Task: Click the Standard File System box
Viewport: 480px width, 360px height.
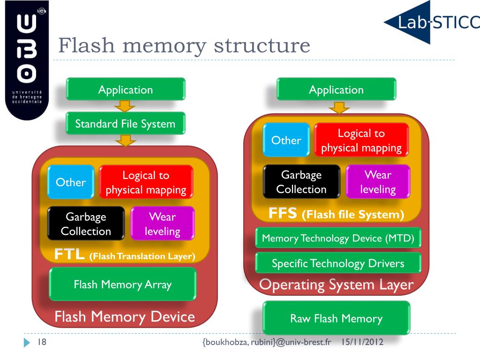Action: coord(125,124)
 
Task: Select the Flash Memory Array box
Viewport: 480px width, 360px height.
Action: coord(123,284)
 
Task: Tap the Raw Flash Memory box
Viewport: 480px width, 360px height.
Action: coord(336,319)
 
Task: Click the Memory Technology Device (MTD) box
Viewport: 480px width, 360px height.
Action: coord(338,238)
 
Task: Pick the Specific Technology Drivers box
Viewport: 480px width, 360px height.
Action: coord(338,263)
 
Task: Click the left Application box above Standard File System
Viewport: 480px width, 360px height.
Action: coord(125,90)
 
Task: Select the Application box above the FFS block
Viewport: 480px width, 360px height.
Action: coord(336,90)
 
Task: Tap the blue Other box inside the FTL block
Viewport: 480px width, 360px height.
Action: coord(71,182)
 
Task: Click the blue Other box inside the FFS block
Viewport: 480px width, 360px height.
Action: coord(286,140)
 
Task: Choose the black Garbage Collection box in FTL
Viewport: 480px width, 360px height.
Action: coord(86,224)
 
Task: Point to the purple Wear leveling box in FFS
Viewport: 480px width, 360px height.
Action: coord(378,182)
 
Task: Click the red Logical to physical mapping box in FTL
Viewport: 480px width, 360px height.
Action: coord(146,182)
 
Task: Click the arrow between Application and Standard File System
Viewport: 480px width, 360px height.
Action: coord(125,106)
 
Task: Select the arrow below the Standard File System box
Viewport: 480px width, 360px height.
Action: coord(125,140)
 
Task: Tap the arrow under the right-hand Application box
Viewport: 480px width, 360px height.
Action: coord(336,108)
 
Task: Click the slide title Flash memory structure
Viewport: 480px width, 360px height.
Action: coord(184,46)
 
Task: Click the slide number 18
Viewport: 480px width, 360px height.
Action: coord(41,343)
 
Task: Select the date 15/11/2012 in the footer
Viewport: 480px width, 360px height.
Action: coord(362,343)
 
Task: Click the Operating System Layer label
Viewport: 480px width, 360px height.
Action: coord(336,285)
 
